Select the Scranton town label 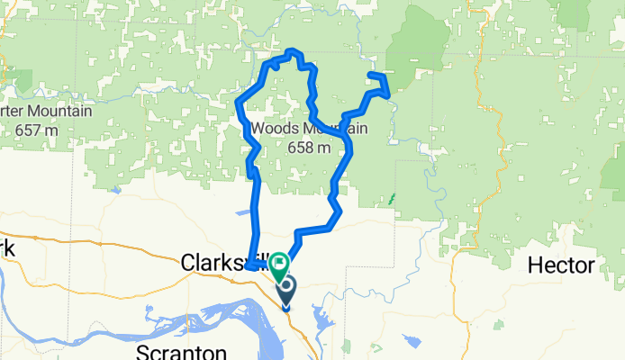click(x=175, y=350)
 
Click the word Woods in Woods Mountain click(x=274, y=129)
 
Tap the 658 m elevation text click(x=309, y=148)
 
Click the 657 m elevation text click(x=37, y=130)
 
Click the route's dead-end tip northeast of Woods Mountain click(x=371, y=74)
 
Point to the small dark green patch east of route click(x=391, y=199)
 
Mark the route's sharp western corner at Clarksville click(x=246, y=266)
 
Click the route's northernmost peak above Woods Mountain click(x=291, y=53)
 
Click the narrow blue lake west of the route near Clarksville click(x=242, y=213)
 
